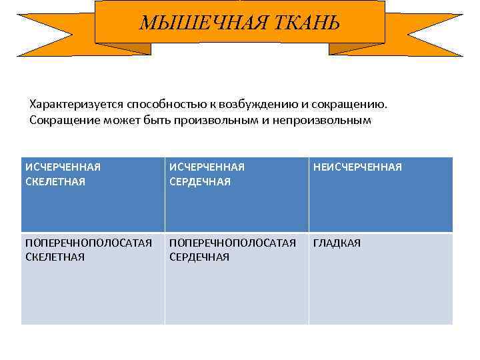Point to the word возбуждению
pos(253,105)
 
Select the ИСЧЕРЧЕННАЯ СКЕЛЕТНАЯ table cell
pos(93,195)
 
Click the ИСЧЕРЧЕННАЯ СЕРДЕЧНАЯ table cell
pos(237,195)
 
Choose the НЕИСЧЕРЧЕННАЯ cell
pos(381,195)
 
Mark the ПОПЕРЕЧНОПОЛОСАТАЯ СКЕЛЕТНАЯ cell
pos(93,279)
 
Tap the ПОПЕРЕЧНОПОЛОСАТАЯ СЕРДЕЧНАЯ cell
pos(237,279)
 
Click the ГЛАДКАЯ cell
pos(381,279)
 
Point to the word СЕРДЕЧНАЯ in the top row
pos(200,182)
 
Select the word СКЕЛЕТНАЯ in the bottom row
pos(55,257)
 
